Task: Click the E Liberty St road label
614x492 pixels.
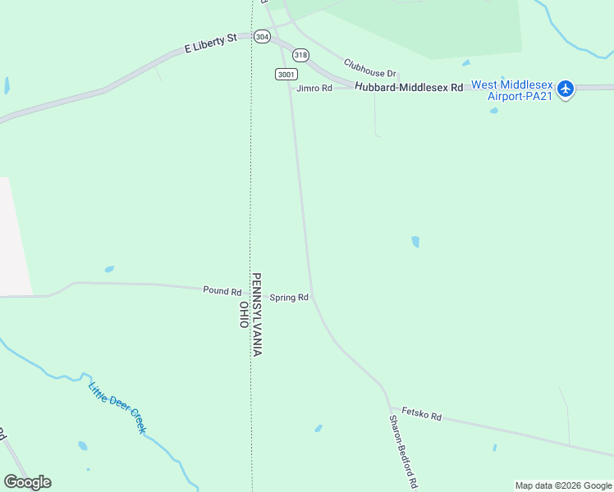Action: [x=210, y=43]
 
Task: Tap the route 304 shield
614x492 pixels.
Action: [x=262, y=37]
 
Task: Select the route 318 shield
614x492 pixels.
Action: [x=300, y=55]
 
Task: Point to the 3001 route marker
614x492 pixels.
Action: [x=286, y=74]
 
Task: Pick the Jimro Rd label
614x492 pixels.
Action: [x=314, y=88]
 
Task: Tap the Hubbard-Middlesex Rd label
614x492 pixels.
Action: [x=409, y=87]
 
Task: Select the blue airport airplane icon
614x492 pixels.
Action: [x=565, y=89]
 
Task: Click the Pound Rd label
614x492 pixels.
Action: [x=222, y=291]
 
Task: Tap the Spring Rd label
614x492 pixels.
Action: [x=289, y=298]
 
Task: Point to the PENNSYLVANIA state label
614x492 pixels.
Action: [x=256, y=314]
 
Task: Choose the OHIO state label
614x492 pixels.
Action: [x=244, y=314]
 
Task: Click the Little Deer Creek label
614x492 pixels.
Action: [x=117, y=408]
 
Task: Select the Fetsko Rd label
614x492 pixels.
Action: [x=422, y=416]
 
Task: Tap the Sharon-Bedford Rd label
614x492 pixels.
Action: [x=404, y=450]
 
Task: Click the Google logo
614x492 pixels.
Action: [x=27, y=482]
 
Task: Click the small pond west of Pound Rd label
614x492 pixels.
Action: [x=109, y=269]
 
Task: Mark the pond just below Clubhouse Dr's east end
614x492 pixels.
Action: [x=466, y=62]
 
